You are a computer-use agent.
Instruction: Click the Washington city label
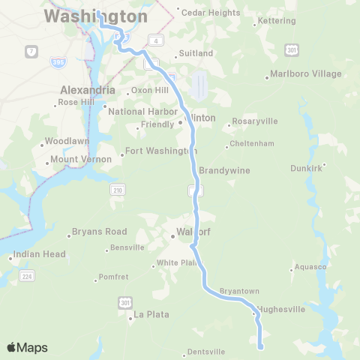click(x=95, y=16)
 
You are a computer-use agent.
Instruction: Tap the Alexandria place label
click(x=87, y=90)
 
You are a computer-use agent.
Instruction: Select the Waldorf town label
click(x=193, y=232)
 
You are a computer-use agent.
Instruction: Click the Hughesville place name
click(x=281, y=308)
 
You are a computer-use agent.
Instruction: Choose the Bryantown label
click(x=239, y=290)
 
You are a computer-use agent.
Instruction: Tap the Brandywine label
click(x=224, y=170)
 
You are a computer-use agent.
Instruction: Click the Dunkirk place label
click(x=306, y=168)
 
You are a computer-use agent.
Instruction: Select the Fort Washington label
click(x=161, y=151)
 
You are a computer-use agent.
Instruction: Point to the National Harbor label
click(x=142, y=112)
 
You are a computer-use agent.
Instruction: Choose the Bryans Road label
click(x=99, y=232)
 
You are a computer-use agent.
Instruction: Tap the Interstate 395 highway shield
click(x=57, y=58)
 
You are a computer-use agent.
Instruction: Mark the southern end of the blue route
click(x=260, y=347)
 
